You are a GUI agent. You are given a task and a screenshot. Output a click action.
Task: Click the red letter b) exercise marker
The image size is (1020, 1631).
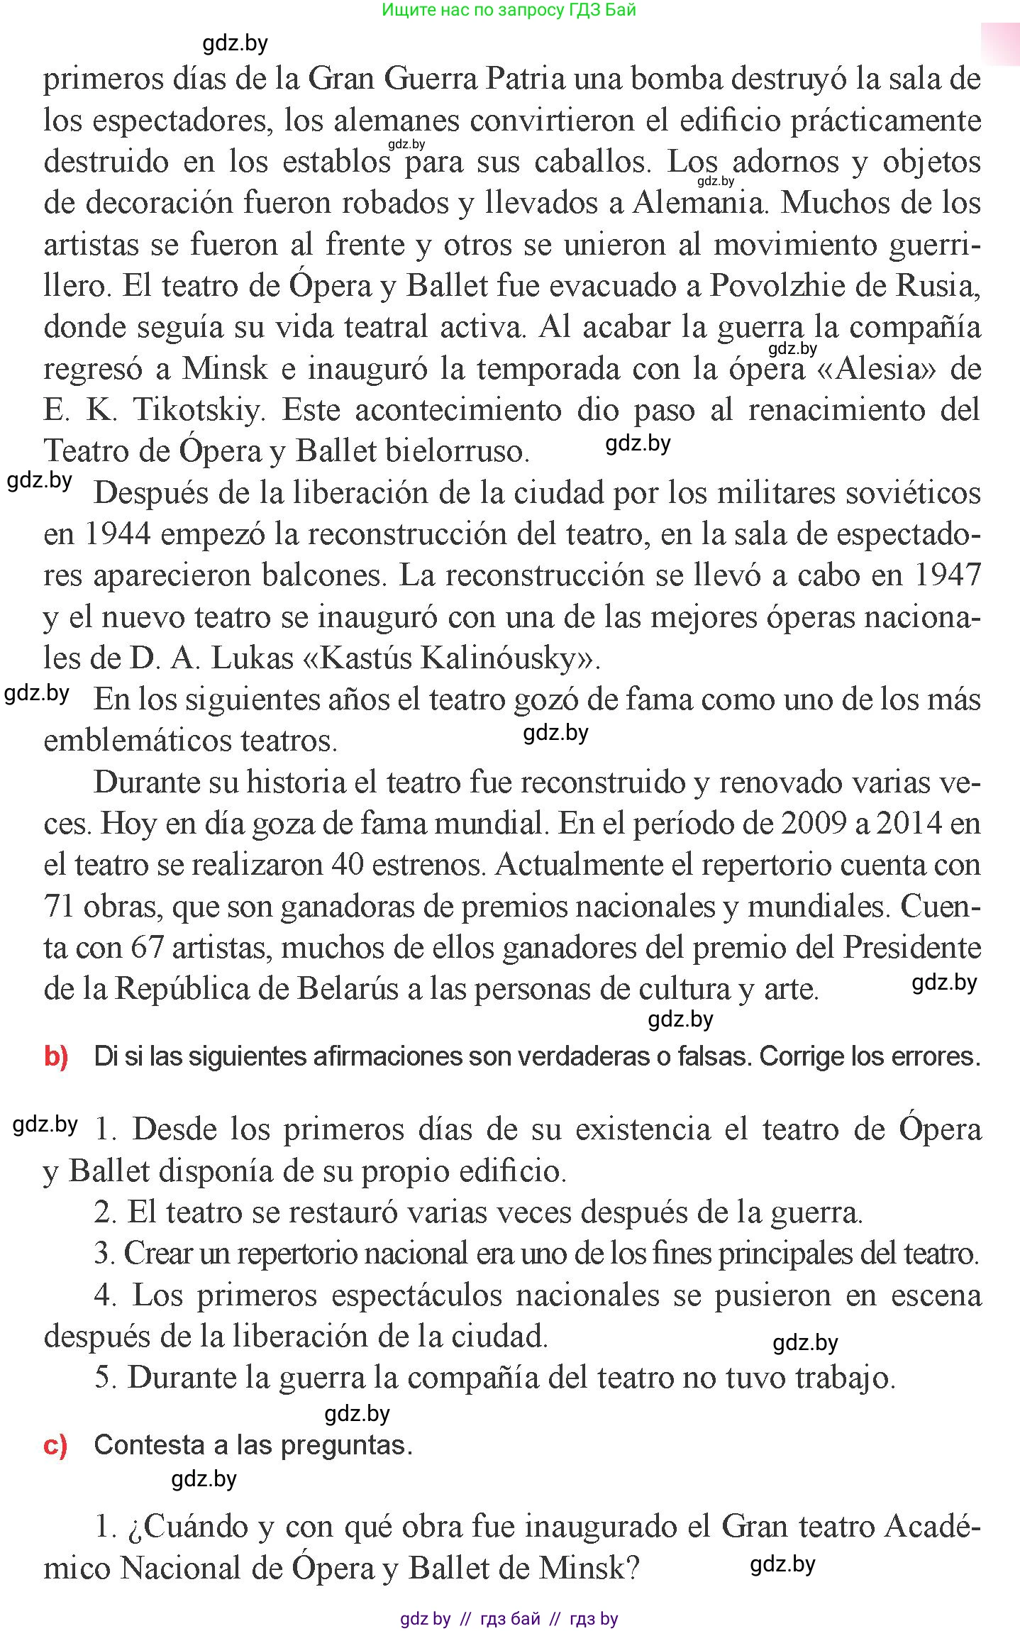(x=56, y=1057)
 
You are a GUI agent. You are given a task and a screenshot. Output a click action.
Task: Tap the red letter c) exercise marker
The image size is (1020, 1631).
(x=55, y=1445)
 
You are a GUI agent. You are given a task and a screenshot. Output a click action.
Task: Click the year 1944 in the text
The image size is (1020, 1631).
(x=117, y=534)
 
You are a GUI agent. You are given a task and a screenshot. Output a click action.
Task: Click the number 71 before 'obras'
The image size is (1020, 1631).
(x=60, y=907)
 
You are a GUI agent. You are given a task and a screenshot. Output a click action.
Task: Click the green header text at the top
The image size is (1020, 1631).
(x=509, y=10)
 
